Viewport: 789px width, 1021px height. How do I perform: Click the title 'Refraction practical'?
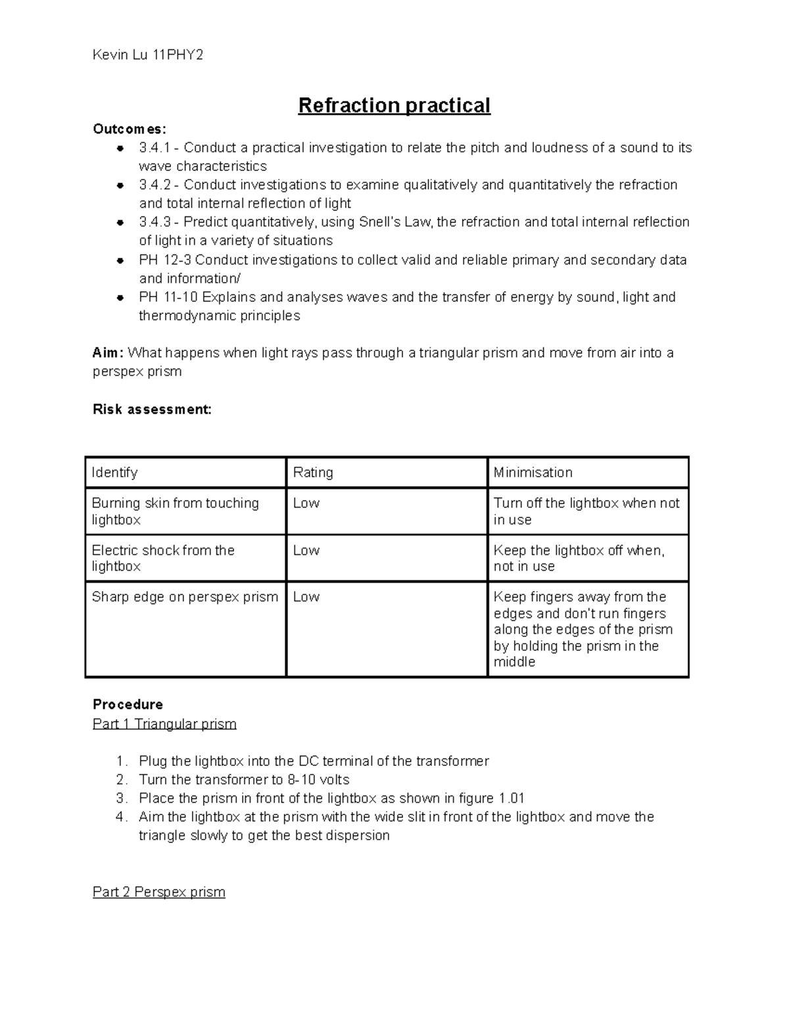click(x=394, y=105)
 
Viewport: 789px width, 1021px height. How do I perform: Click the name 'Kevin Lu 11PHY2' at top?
click(x=148, y=55)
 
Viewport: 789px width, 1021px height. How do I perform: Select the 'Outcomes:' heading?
click(x=130, y=129)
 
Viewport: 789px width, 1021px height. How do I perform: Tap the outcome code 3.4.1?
click(x=155, y=148)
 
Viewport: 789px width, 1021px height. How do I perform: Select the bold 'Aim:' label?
click(x=108, y=353)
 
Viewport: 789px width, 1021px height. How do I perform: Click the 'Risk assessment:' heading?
click(x=152, y=410)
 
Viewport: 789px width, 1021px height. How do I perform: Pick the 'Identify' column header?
click(x=114, y=473)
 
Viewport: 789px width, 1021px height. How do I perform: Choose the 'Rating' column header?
click(x=313, y=473)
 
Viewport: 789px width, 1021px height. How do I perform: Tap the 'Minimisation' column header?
click(x=533, y=473)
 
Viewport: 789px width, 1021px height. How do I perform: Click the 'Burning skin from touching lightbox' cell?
click(x=175, y=511)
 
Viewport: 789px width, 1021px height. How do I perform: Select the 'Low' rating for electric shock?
click(x=306, y=551)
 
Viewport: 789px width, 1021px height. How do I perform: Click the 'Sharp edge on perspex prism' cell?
click(x=185, y=597)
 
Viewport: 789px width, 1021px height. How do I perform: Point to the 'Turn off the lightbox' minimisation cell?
click(x=586, y=511)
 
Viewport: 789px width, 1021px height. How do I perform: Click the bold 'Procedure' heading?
click(x=128, y=705)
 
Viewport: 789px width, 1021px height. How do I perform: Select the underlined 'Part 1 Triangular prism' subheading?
click(x=164, y=724)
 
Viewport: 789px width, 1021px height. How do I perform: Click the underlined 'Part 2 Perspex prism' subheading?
click(x=159, y=892)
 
